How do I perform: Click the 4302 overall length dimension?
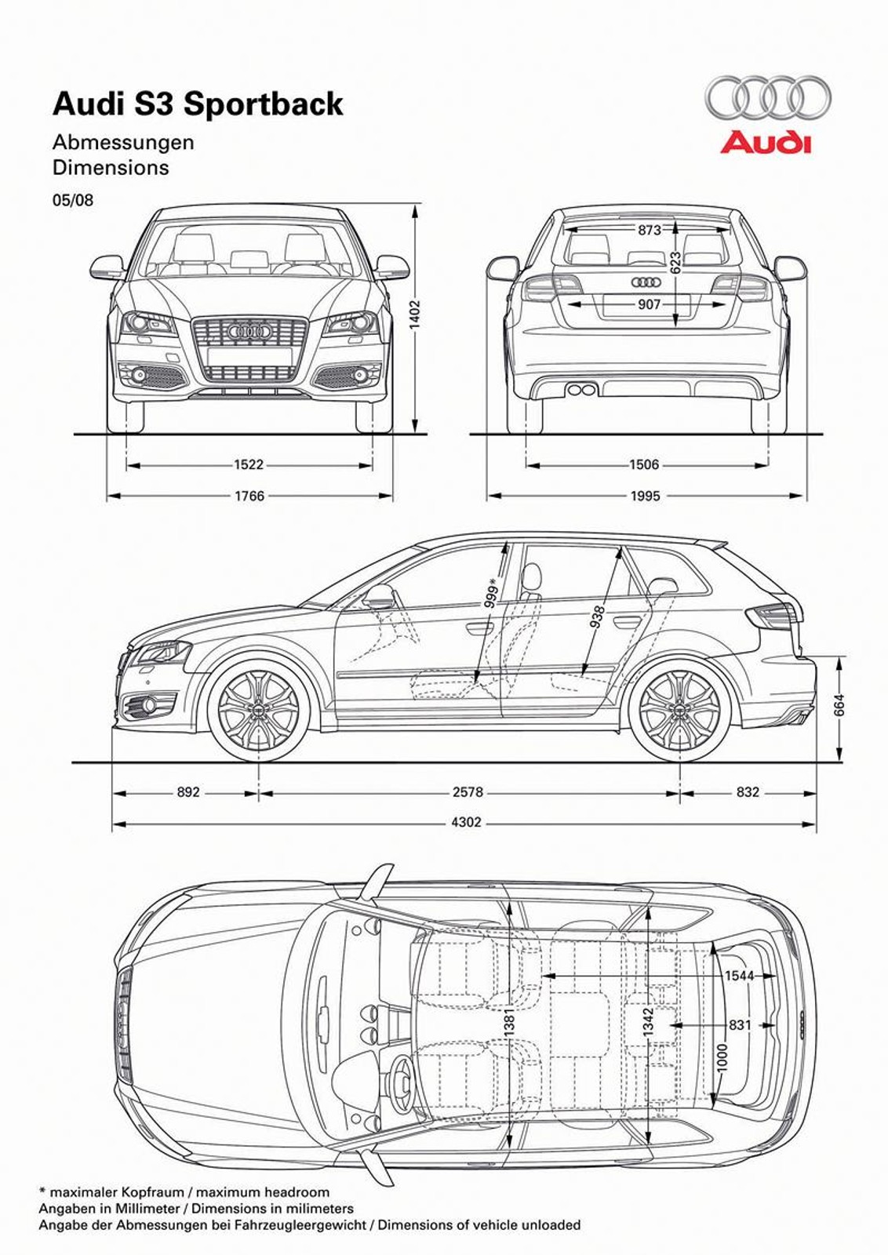[466, 823]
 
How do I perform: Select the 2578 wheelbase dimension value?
[468, 792]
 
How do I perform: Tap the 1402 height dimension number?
[416, 314]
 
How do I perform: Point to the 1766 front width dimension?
[249, 496]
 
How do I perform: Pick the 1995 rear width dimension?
[645, 496]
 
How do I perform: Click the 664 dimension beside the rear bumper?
[839, 706]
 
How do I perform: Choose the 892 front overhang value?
[188, 792]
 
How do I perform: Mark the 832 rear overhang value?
[748, 792]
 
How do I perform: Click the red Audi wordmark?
[766, 143]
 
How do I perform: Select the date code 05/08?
[73, 200]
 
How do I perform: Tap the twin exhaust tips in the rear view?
[581, 390]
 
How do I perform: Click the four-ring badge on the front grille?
[249, 333]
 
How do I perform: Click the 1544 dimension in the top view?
[739, 976]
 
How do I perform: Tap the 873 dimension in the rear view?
[650, 230]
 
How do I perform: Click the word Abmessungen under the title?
[123, 143]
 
